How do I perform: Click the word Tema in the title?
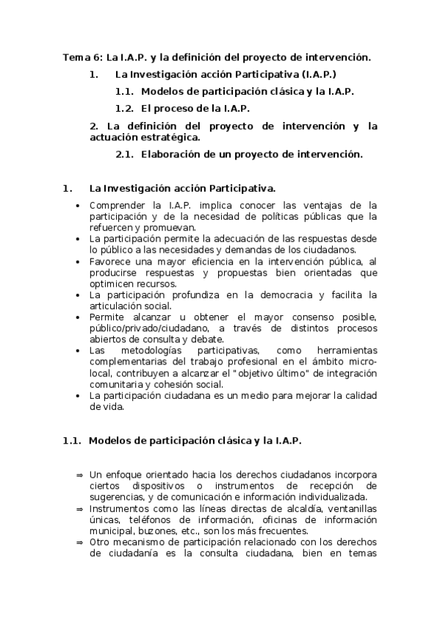(x=74, y=57)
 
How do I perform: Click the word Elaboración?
(x=171, y=154)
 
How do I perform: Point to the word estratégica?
(x=170, y=137)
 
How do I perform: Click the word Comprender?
(x=117, y=205)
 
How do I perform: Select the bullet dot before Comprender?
(x=78, y=206)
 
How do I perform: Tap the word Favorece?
(x=110, y=261)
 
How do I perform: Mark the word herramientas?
(x=345, y=351)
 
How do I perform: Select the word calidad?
(x=361, y=395)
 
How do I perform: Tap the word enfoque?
(x=123, y=475)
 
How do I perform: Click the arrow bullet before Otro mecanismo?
(x=79, y=542)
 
